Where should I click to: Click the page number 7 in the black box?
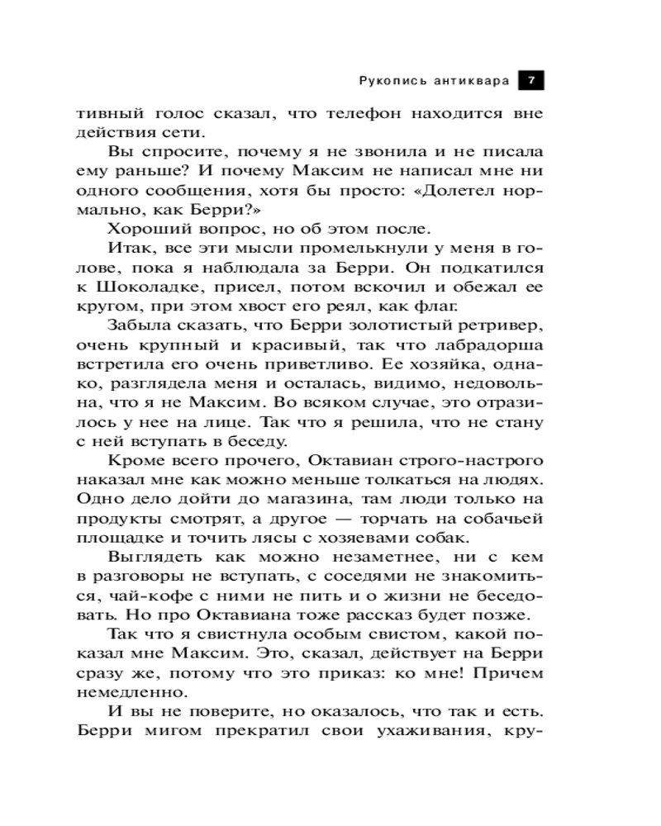(530, 80)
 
